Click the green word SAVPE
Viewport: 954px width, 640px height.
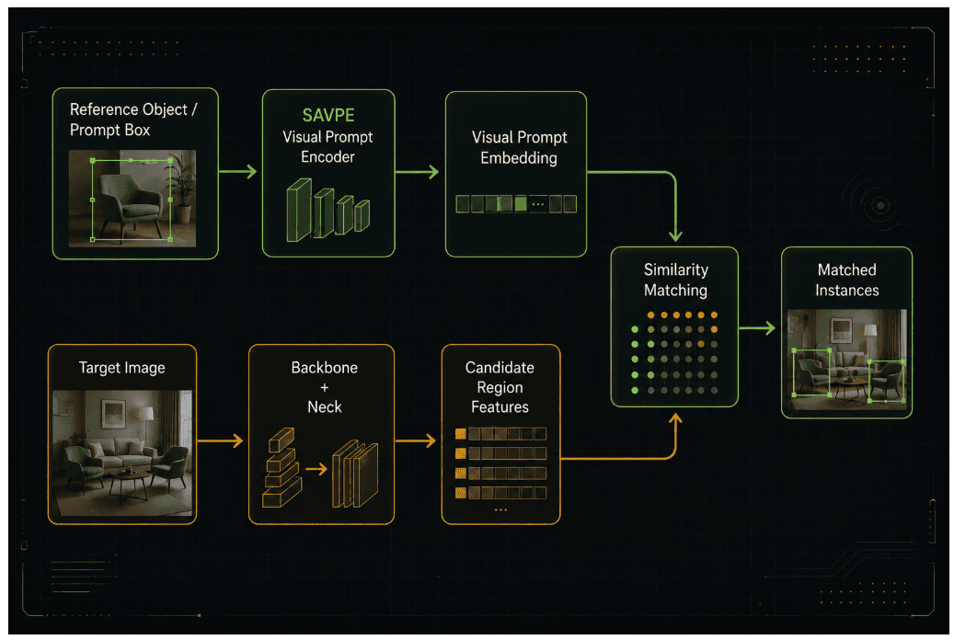point(328,115)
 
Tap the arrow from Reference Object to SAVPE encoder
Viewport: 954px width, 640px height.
point(238,172)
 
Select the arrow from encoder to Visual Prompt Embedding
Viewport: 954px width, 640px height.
point(418,172)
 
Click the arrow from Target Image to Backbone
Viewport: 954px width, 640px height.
point(221,440)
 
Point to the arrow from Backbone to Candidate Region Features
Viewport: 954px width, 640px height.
point(416,440)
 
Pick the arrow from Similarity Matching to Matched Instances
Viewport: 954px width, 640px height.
point(757,328)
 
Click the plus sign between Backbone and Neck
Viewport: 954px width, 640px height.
point(325,387)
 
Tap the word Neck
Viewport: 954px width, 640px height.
point(325,407)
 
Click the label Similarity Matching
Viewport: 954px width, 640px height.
point(676,280)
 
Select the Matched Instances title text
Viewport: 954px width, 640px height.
point(847,280)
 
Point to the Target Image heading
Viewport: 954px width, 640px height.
point(121,368)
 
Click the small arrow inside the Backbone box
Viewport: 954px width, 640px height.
point(316,469)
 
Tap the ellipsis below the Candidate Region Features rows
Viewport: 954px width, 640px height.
point(500,509)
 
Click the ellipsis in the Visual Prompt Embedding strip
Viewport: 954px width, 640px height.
point(538,204)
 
